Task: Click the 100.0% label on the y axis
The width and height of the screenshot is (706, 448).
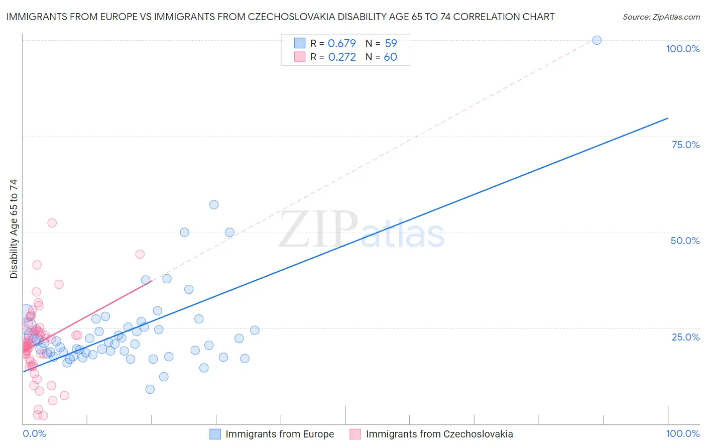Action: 682,49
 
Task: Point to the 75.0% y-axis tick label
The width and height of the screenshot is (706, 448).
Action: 685,145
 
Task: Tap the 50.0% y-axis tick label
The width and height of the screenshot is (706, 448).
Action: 685,241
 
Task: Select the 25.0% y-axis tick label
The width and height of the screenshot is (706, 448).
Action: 685,337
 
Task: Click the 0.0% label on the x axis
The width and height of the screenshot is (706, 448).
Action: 34,433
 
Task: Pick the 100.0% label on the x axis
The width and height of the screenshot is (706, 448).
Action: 682,433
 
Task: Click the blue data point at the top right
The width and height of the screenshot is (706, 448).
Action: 597,40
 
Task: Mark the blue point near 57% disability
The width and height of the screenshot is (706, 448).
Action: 214,204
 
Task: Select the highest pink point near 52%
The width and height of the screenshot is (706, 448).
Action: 52,223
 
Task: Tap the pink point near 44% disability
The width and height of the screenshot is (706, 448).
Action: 140,254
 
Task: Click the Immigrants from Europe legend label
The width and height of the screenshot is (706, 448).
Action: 280,434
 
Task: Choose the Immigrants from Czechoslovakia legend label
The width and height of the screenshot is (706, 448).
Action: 439,434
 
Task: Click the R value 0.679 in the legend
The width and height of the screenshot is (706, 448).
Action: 341,43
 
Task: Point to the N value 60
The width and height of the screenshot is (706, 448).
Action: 390,57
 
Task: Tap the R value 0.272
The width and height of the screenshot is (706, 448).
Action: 341,57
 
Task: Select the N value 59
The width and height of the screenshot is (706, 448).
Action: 391,43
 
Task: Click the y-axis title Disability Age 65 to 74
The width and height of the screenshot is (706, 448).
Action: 14,229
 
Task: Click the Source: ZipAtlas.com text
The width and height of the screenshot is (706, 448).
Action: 661,17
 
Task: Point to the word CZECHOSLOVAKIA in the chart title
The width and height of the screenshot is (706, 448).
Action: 309,17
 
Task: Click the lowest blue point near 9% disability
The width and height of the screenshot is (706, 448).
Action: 150,389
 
